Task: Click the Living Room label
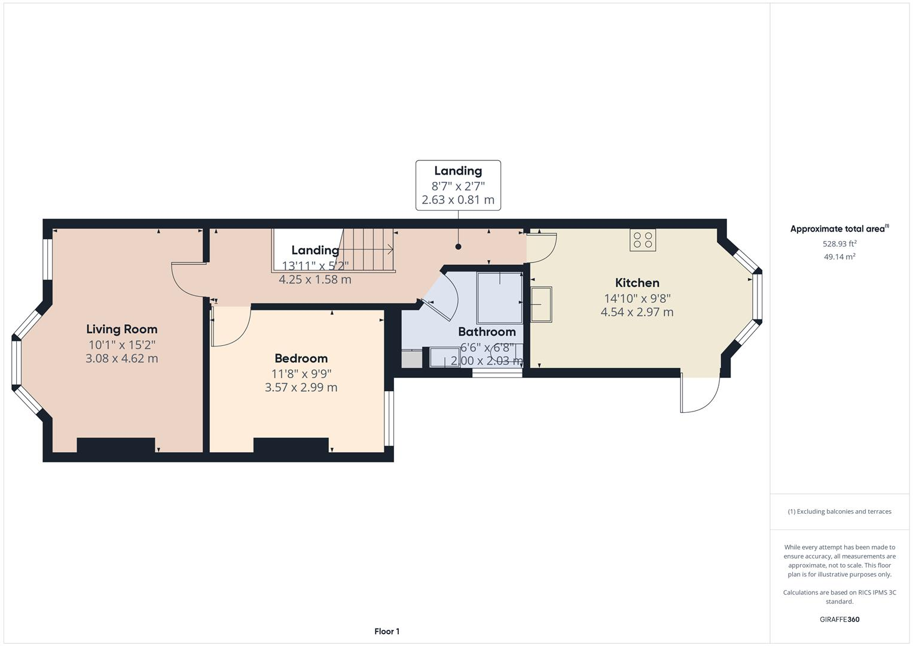(x=121, y=329)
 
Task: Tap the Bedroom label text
(x=301, y=358)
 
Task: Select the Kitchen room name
(x=637, y=283)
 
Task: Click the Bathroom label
(x=487, y=332)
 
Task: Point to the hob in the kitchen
(x=643, y=240)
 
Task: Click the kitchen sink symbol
(x=541, y=304)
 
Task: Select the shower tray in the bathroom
(x=499, y=298)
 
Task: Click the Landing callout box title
(x=458, y=171)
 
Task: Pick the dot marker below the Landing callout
(x=458, y=246)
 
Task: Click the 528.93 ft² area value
(x=839, y=243)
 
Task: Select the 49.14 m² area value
(x=839, y=257)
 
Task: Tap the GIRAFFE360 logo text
(x=839, y=619)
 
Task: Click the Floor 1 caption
(x=387, y=631)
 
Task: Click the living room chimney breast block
(x=116, y=446)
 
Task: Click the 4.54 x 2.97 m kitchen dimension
(x=637, y=312)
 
